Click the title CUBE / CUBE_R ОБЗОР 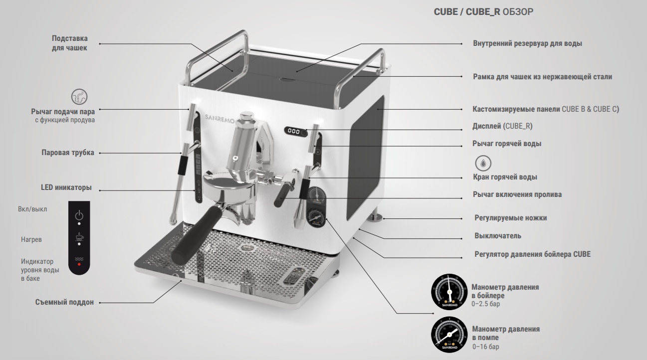(483, 12)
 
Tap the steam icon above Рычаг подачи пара (79, 97)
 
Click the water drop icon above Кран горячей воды (483, 163)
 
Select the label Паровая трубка (68, 153)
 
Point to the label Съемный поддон (64, 302)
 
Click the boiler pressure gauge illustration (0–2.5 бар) (449, 292)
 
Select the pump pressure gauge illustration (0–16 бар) (449, 335)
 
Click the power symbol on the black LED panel (79, 215)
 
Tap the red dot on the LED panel (79, 264)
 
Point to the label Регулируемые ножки (511, 218)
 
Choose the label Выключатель (498, 236)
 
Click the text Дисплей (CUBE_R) (502, 126)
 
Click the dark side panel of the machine (365, 158)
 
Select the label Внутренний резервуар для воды (527, 43)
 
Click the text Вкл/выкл (32, 209)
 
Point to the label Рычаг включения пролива (517, 194)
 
